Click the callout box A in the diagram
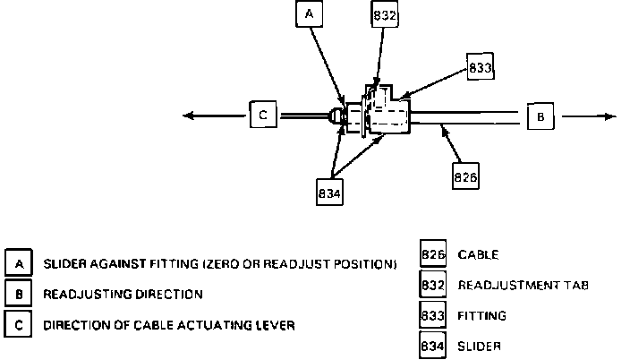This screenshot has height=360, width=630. pos(310,14)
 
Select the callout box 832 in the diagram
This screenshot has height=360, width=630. pos(385,14)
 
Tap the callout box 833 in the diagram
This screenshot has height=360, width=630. pos(481,67)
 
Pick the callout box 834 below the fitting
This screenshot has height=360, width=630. pos(330,192)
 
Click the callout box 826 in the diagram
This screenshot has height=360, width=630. pos(465,176)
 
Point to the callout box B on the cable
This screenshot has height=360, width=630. pos(540,117)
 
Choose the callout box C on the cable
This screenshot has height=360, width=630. pos(262,116)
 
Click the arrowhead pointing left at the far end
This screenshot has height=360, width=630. pos(186,116)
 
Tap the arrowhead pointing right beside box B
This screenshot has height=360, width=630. pos(609,117)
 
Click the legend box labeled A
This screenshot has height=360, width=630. pos(19,263)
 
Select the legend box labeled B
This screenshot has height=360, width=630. pos(19,294)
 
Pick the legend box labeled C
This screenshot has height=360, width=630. pos(19,323)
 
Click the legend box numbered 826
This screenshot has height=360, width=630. pos(433,255)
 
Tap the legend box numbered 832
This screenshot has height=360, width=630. pos(433,286)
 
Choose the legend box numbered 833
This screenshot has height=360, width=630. pos(433,315)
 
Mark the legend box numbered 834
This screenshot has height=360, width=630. pos(433,345)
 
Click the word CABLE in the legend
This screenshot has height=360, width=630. pos(479,255)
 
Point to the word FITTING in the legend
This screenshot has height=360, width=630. pos(482,315)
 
